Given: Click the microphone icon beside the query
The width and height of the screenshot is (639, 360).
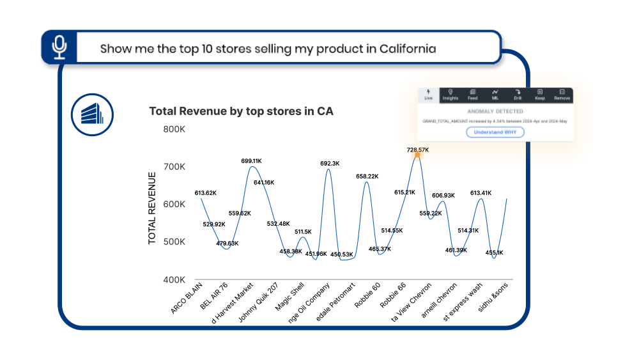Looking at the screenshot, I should click(x=59, y=47).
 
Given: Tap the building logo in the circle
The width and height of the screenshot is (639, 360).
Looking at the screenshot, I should click(x=92, y=114).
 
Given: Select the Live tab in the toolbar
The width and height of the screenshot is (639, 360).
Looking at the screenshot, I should click(x=428, y=95).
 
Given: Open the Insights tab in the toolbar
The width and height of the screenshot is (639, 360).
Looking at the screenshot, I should click(x=450, y=95).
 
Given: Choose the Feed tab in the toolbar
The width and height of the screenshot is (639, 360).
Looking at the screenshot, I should click(x=473, y=95).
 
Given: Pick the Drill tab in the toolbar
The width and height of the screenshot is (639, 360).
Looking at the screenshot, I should click(x=518, y=95).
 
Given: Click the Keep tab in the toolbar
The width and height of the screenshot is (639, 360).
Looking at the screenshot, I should click(x=540, y=95).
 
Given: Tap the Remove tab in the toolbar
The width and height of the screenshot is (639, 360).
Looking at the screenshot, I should click(x=562, y=95).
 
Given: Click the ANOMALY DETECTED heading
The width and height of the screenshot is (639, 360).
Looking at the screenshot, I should click(x=495, y=111).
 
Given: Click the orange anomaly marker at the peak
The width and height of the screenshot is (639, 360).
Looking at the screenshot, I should click(x=417, y=155).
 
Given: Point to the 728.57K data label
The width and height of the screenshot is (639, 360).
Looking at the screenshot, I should click(x=418, y=150).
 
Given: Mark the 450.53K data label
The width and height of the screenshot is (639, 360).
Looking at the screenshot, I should click(x=342, y=254).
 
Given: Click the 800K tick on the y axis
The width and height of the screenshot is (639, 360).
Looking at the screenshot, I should click(x=174, y=129).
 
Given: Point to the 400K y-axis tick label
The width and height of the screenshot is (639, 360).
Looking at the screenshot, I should click(x=174, y=280).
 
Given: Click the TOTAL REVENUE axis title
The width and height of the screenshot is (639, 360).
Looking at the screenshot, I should click(x=152, y=208).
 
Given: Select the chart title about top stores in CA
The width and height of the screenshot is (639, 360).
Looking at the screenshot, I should click(x=241, y=111).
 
